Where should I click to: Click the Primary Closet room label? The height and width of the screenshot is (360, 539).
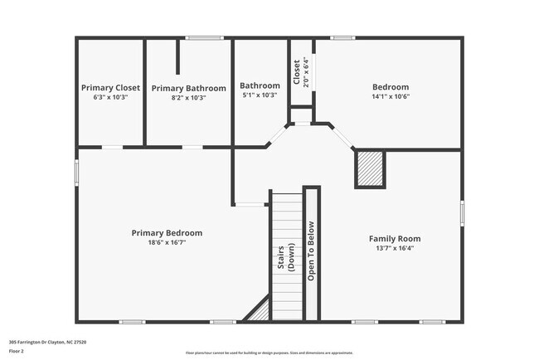[110, 87]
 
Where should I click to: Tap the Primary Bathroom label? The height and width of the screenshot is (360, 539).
[188, 88]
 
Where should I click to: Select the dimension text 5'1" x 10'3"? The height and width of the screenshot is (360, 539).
[260, 96]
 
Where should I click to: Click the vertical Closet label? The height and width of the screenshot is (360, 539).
[297, 72]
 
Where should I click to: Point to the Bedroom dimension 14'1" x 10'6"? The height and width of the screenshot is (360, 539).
[390, 96]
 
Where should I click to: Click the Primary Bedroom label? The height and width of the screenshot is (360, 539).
[167, 233]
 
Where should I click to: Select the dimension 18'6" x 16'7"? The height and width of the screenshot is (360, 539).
[167, 243]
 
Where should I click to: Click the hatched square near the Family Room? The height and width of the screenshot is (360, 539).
[370, 169]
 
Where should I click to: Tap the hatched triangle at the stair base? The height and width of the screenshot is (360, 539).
[260, 311]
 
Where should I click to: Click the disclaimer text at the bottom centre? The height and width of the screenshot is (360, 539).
[269, 353]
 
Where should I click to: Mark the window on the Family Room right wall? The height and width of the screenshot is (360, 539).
[462, 212]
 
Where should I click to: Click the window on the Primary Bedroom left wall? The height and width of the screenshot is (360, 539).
[77, 173]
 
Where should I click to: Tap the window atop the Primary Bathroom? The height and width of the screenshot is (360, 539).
[204, 37]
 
